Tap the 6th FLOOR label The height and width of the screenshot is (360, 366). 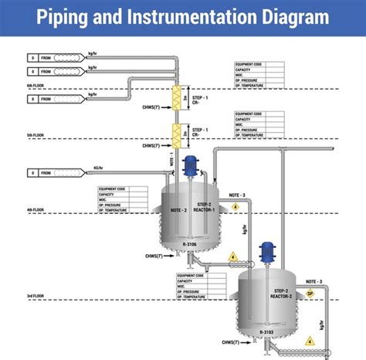pyautogui.click(x=36, y=86)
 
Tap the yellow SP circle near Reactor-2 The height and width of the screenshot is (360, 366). pyautogui.click(x=310, y=294)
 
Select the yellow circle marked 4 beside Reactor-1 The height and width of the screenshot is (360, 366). pyautogui.click(x=236, y=206)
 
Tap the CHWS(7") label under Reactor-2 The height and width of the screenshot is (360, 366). pyautogui.click(x=231, y=341)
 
